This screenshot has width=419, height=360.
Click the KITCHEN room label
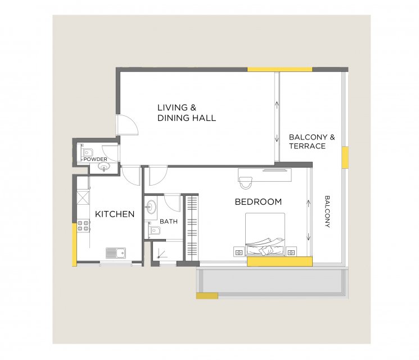[115, 214]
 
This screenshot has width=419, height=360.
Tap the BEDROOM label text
[258, 202]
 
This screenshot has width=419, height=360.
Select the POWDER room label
[96, 159]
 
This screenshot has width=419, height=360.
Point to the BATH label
[169, 221]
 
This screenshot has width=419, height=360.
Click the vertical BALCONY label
[327, 211]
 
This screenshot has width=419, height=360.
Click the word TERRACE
[307, 146]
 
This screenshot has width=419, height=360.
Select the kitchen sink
[116, 253]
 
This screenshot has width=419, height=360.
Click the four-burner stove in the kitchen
[83, 226]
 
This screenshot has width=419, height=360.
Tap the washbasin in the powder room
[103, 168]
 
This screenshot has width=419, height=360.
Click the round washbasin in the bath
[151, 207]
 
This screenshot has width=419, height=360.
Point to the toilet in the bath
[154, 230]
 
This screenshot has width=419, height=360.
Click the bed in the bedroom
[265, 234]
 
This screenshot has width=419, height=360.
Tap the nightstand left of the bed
[239, 252]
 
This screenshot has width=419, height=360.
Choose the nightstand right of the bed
[291, 252]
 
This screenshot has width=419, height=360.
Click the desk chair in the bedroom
[246, 183]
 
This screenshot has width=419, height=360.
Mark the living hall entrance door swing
[127, 125]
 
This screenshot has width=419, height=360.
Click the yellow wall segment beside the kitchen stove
[75, 245]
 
